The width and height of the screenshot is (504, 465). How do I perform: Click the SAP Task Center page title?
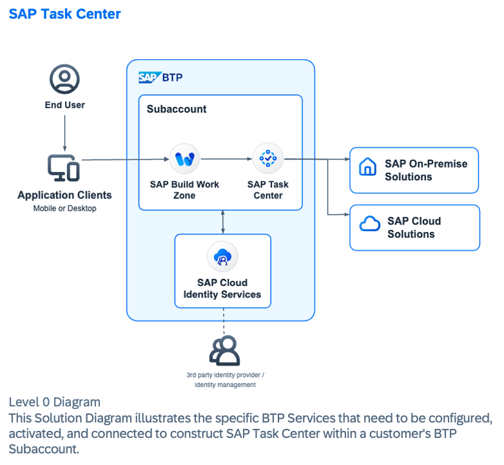64,14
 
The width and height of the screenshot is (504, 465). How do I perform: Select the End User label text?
64,104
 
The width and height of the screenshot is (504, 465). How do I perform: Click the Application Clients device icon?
64,168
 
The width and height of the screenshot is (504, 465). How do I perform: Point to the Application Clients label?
64,195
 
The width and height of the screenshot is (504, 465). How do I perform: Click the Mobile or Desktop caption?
64,208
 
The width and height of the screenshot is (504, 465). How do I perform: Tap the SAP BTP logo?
160,78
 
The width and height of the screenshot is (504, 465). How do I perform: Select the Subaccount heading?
177,109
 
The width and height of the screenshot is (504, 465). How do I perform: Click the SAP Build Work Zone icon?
185,158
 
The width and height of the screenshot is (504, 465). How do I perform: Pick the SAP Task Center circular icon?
268,158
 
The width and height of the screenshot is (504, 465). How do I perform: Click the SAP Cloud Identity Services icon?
222,257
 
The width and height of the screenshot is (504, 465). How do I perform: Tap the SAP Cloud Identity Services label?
222,289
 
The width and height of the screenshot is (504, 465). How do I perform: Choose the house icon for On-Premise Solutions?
367,167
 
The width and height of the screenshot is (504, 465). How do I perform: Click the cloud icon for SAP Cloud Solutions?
369,224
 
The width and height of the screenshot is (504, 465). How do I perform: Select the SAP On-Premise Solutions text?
426,170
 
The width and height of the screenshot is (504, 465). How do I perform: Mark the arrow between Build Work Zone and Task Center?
226,158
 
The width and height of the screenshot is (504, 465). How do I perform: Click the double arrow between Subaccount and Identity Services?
222,222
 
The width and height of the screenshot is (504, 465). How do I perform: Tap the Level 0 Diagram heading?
54,403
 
